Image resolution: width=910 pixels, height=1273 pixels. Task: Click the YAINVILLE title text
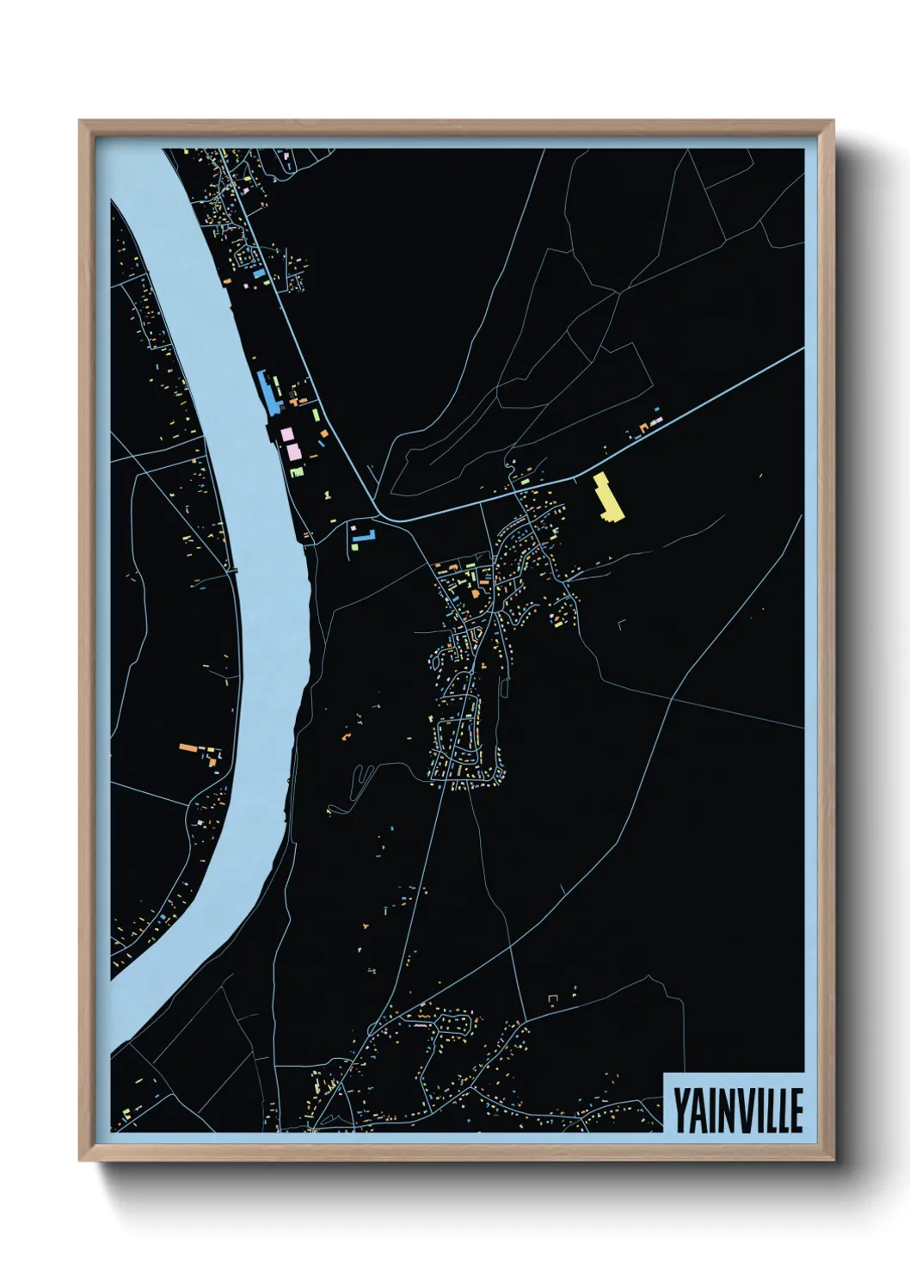[x=737, y=1110]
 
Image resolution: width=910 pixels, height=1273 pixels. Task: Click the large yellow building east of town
[x=608, y=498]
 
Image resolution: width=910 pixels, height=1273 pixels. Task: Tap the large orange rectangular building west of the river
[x=188, y=748]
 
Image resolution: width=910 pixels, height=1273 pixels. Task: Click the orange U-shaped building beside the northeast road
[x=642, y=427]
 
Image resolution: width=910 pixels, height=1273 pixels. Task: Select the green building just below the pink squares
[x=297, y=470]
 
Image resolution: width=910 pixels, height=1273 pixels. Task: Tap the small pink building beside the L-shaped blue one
[x=353, y=526]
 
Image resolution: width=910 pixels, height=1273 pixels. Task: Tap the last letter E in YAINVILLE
[x=796, y=1110]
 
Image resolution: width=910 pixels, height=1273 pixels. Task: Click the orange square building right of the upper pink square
[x=324, y=434]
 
